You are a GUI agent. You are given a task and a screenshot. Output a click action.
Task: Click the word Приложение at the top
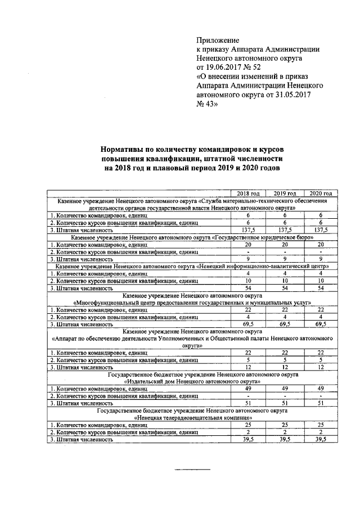click(x=218, y=40)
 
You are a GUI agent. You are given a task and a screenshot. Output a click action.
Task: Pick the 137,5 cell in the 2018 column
click(x=247, y=229)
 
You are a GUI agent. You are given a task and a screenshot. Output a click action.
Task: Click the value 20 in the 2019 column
click(x=285, y=245)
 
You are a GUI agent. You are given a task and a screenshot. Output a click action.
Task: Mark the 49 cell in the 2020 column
click(x=320, y=388)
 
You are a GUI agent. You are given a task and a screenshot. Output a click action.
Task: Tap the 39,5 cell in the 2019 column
click(x=285, y=439)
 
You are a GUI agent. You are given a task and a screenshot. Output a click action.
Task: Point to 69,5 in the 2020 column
click(x=320, y=325)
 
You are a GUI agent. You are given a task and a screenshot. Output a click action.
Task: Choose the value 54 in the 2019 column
click(x=285, y=288)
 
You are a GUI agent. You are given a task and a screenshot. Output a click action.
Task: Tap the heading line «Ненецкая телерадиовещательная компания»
click(x=192, y=418)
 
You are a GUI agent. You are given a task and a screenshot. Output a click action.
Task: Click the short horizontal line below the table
click(x=192, y=469)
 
